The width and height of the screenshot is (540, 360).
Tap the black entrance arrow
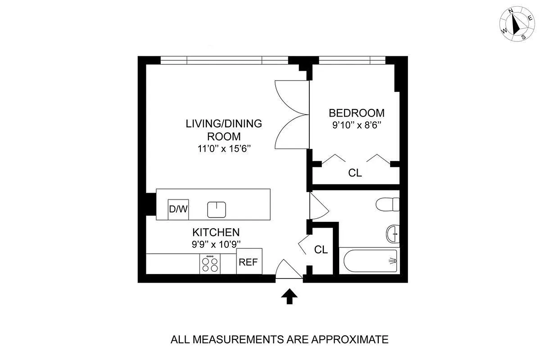(x=289, y=297)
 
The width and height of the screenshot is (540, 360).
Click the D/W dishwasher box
(x=177, y=209)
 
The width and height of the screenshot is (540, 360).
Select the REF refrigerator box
(x=249, y=261)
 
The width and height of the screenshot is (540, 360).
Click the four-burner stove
(x=210, y=263)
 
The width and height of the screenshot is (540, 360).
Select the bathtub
(x=368, y=261)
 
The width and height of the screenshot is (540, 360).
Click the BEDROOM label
(x=356, y=113)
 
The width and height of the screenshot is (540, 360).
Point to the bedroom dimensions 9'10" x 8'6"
(x=357, y=125)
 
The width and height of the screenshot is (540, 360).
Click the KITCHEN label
(x=216, y=233)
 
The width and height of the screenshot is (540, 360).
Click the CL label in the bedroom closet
(x=355, y=173)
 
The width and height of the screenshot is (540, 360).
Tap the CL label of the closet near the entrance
(x=321, y=250)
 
